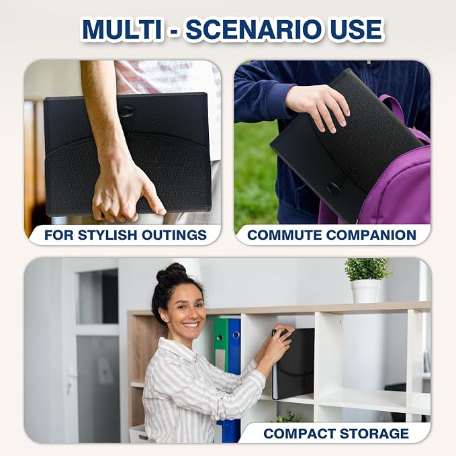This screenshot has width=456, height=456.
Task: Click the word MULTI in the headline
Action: coord(122,30)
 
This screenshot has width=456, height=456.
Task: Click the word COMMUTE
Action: coord(285,235)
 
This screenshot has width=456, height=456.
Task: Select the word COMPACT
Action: coord(300,434)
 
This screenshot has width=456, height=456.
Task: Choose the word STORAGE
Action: coord(374,434)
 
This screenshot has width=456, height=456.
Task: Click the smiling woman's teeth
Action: coord(191,324)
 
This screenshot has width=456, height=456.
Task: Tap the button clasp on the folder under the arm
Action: coord(126,111)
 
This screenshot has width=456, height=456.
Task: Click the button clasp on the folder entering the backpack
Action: coord(333,188)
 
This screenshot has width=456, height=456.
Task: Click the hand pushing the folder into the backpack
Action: coord(318,107)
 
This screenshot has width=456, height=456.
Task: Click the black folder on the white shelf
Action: coord(293,363)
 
